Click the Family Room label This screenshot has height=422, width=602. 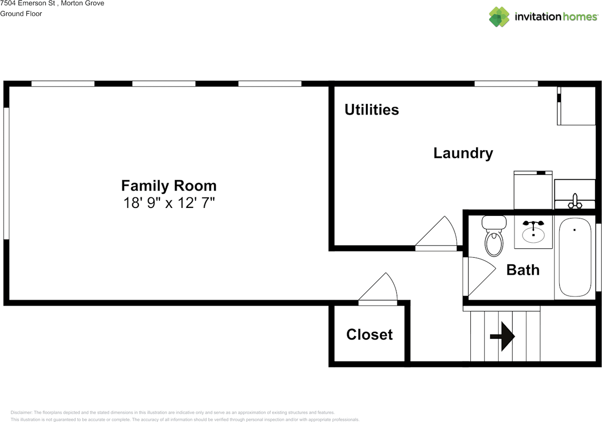point(169,185)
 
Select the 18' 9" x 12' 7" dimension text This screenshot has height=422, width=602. point(169,203)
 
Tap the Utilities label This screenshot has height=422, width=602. point(372,110)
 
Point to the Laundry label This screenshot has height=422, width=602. point(463,153)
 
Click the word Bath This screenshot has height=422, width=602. point(523,270)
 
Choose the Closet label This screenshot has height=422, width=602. point(369,334)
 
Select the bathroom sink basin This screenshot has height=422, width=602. point(533,234)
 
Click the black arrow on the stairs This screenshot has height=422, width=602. point(503,336)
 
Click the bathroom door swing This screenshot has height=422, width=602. point(477,275)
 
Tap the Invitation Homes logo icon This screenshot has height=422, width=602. point(499,17)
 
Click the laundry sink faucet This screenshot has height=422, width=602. point(574,201)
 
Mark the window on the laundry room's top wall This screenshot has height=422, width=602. point(506,84)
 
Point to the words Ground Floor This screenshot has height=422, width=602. point(21,14)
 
